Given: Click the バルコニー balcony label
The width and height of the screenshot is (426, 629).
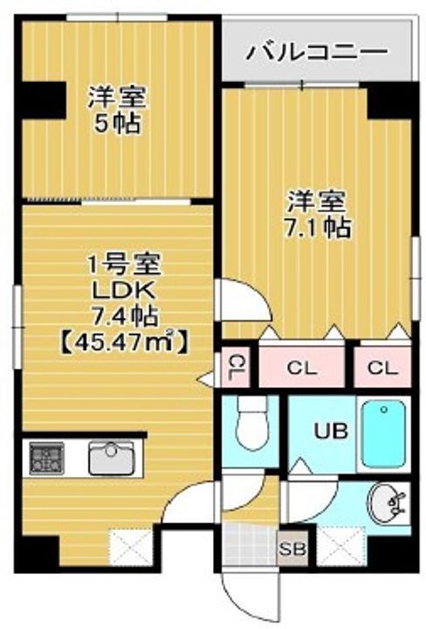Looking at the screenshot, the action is click(x=317, y=52).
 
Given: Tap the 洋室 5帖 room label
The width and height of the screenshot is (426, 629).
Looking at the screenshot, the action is click(x=118, y=108).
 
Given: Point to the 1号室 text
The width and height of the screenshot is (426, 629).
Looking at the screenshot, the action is click(x=123, y=265).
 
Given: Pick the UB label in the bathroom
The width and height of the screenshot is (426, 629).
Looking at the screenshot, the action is click(x=331, y=432).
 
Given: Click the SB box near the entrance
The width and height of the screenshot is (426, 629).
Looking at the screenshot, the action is click(x=292, y=549).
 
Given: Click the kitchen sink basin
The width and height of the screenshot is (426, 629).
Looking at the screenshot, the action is click(x=111, y=458).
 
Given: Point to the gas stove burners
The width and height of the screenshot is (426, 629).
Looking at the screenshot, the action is click(x=47, y=459).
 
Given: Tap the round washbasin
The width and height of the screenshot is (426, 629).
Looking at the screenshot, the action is click(x=387, y=502).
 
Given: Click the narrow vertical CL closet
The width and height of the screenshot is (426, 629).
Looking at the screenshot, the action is click(x=235, y=368).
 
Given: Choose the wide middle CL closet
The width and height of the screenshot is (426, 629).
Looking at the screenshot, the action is click(x=302, y=367).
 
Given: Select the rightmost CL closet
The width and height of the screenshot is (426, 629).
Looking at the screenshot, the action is click(x=382, y=367).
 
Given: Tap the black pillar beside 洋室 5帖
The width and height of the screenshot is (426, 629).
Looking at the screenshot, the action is click(x=44, y=100).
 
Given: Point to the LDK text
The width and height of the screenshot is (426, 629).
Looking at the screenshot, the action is click(x=123, y=291).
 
